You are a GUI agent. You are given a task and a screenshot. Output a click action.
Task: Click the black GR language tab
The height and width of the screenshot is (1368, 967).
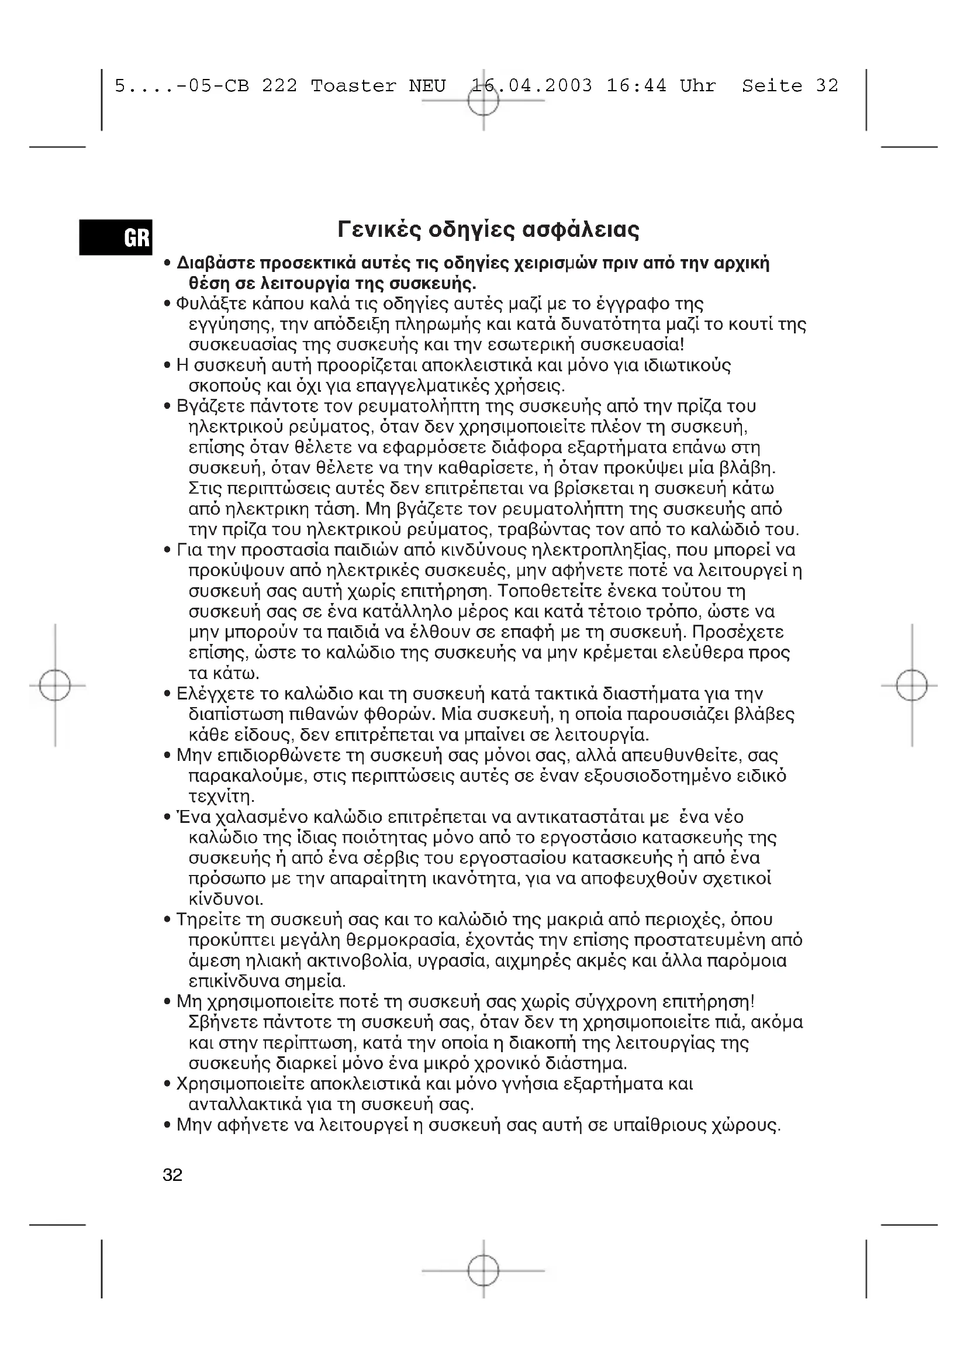click(116, 237)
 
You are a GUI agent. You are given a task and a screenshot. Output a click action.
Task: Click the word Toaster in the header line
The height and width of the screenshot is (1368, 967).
click(353, 87)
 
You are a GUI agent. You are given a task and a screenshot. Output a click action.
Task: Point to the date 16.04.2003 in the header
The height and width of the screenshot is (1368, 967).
click(531, 87)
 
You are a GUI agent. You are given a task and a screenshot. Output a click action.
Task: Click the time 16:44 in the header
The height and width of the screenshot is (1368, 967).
click(636, 87)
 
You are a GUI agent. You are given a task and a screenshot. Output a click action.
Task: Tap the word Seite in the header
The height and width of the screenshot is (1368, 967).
click(772, 87)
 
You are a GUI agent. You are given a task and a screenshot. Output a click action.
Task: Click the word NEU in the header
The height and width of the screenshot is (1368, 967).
click(427, 87)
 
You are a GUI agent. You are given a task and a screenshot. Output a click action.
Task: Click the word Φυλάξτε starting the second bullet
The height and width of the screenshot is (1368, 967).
click(212, 305)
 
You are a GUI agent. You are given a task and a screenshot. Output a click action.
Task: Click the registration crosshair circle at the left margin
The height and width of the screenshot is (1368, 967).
click(55, 685)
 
